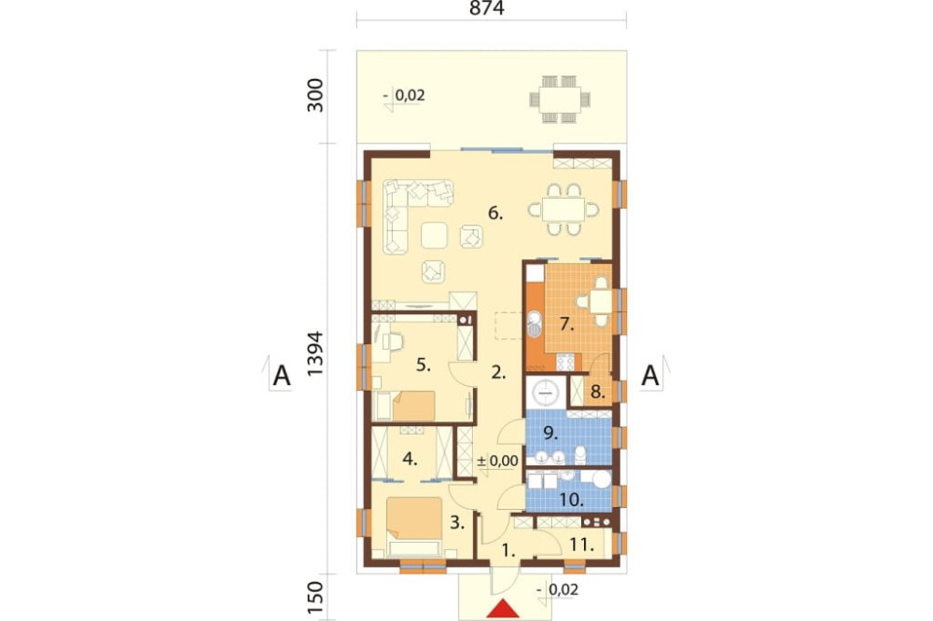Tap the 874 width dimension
486,8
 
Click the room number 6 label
495,213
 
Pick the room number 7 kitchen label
566,324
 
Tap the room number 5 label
423,365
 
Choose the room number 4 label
410,459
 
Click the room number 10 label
571,500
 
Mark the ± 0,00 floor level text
497,461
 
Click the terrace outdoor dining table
560,100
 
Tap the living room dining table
564,210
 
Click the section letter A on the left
282,377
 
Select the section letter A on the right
650,376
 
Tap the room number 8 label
598,393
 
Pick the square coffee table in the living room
435,235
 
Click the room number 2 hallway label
498,373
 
